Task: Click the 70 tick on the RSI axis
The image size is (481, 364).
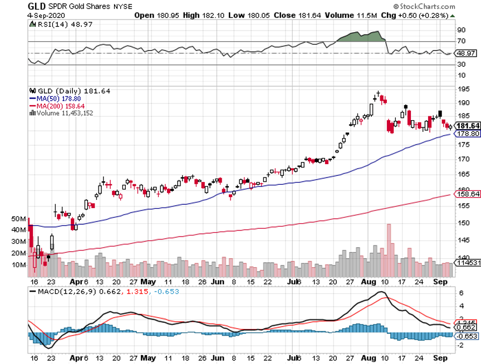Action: [x=461, y=42]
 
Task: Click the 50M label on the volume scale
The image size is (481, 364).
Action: [x=18, y=219]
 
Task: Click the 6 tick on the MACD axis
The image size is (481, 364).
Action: [x=461, y=292]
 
